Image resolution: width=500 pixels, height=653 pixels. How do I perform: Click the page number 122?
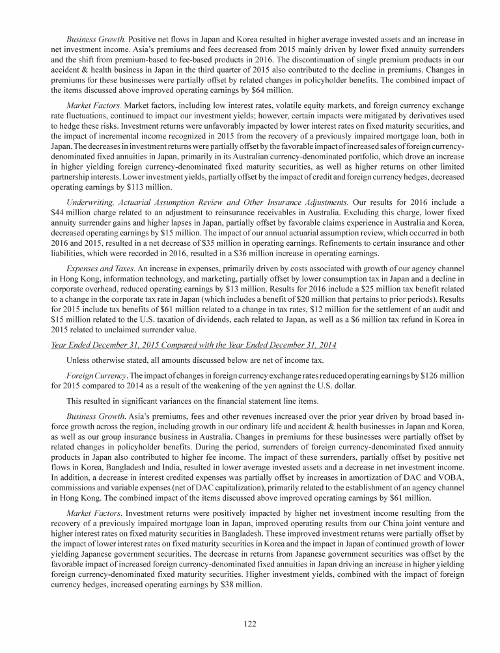[x=250, y=624]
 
